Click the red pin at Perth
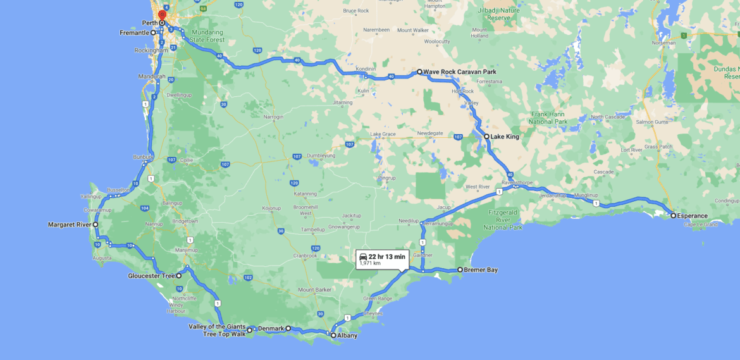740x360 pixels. (162, 15)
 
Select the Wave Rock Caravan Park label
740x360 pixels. (460, 72)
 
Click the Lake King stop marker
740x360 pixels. (486, 136)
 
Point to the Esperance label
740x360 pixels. (693, 216)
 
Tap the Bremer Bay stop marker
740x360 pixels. (460, 270)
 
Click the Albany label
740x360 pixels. (347, 335)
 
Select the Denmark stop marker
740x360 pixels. (288, 328)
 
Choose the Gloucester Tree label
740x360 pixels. (151, 276)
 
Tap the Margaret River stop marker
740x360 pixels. (96, 225)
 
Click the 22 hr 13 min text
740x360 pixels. (386, 256)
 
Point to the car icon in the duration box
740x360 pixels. (363, 256)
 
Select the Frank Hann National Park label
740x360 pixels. (548, 118)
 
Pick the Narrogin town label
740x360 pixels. (273, 117)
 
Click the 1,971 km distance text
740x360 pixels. (370, 263)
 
